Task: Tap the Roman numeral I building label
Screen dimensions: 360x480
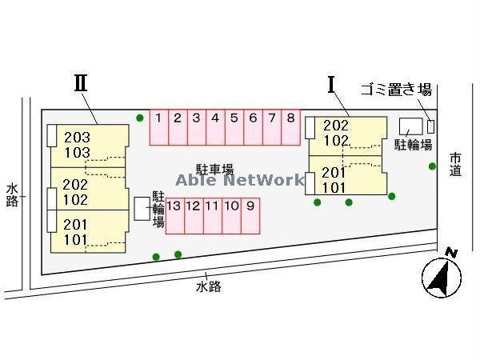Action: tap(330, 84)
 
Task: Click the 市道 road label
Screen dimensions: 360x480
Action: tap(455, 164)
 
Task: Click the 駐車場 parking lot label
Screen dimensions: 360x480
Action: tap(215, 169)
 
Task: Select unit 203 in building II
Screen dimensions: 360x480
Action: tap(77, 138)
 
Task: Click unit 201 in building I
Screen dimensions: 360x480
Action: tap(334, 173)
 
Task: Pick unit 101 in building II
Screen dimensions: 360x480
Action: tap(77, 239)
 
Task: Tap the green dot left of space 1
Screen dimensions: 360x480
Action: tap(140, 118)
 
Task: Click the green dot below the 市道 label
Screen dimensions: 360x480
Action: tap(433, 166)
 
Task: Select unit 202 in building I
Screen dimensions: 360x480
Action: tap(335, 126)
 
